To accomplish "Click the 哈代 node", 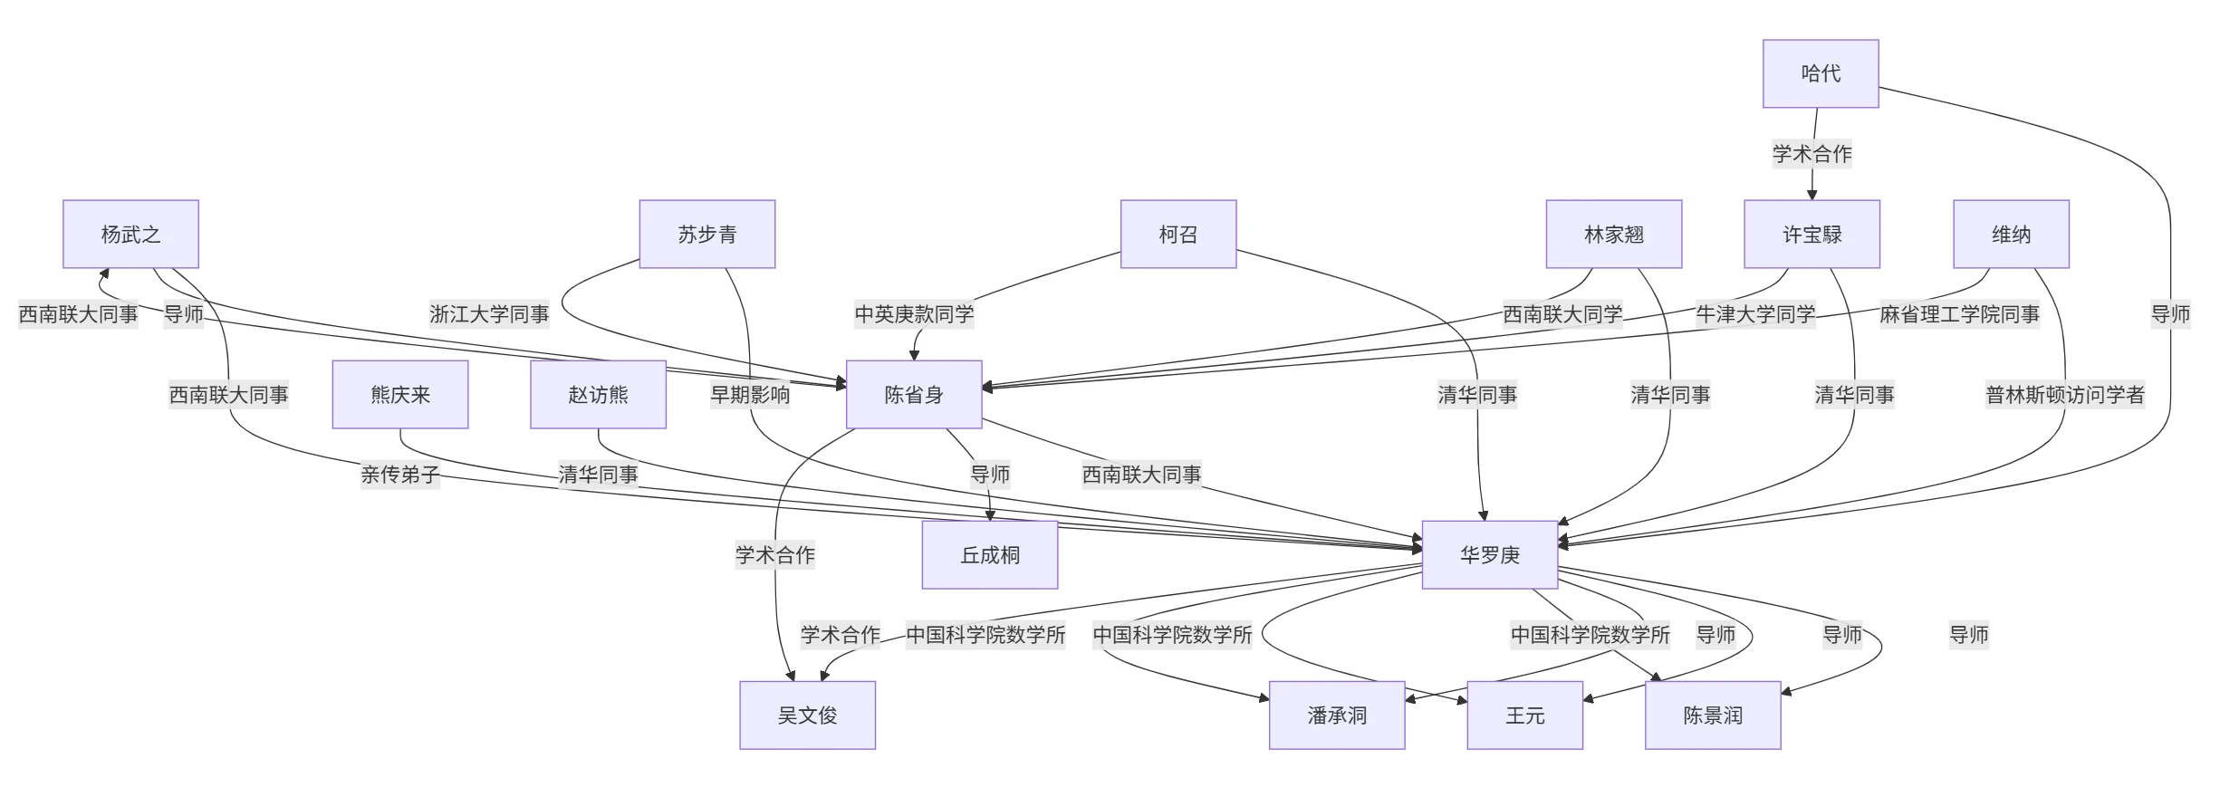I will coord(1820,73).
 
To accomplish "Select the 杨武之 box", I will coord(130,235).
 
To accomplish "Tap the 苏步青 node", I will coord(706,235).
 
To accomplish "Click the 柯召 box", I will coord(1177,235).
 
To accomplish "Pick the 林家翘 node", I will coord(1613,235).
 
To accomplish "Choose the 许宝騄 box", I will coord(1812,235).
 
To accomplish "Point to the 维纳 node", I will coord(2011,235).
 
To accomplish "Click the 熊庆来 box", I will coord(399,395).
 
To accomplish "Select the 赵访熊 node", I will coord(598,395).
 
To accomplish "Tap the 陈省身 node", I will coord(913,395).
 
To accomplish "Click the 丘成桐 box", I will coord(989,555).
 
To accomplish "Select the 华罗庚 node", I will coord(1489,555).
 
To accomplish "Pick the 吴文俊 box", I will coord(807,715).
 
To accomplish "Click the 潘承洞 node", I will coord(1336,715).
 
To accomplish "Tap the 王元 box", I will coord(1524,715).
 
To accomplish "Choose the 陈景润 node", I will coord(1712,715).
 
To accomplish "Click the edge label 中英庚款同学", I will coord(914,314).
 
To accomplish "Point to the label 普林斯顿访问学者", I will coord(2064,395).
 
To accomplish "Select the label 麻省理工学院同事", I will coord(1959,314).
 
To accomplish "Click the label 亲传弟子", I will coord(399,475).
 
